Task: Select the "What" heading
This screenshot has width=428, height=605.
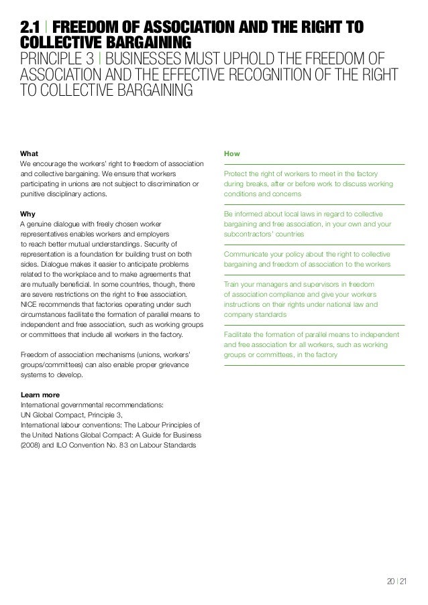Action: pos(30,153)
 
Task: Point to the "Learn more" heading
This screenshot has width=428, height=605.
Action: pos(41,394)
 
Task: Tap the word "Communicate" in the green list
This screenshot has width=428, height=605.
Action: pos(248,254)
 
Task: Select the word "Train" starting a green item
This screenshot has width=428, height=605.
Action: pos(232,284)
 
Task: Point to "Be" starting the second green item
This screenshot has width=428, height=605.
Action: pos(228,214)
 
